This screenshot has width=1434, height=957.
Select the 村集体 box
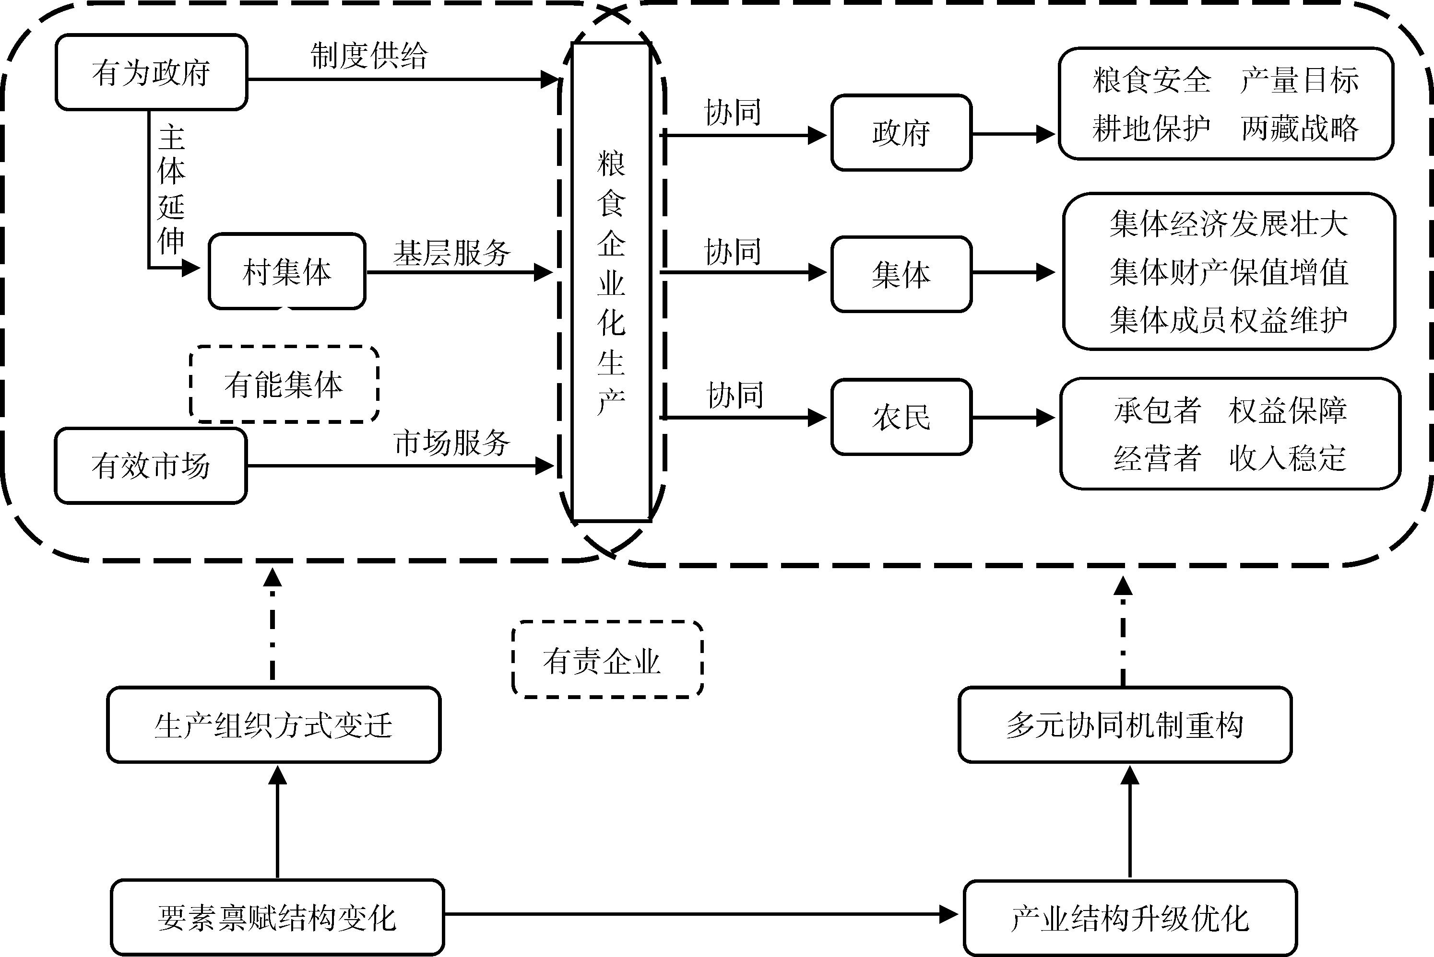pos(287,271)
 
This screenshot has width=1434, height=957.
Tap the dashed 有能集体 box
pos(284,385)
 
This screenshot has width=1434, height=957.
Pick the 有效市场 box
pos(151,466)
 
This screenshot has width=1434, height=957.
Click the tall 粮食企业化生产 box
pos(611,282)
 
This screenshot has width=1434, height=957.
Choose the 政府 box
pos(901,132)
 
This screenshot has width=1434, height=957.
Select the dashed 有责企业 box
pos(607,660)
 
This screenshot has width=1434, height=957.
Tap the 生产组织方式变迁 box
pos(273,725)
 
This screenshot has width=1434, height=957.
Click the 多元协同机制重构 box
pos(1125,725)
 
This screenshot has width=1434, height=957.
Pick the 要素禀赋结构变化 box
pos(277,917)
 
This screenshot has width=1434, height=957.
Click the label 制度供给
pos(369,56)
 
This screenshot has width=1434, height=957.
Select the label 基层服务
pos(452,253)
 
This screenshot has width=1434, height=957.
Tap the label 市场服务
pos(452,443)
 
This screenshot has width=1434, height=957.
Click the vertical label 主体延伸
pos(171,189)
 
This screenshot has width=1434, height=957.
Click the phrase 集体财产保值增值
pos(1229,271)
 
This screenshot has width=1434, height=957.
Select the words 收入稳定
pos(1287,458)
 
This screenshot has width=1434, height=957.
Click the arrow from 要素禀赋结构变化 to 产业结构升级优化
pos(702,914)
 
